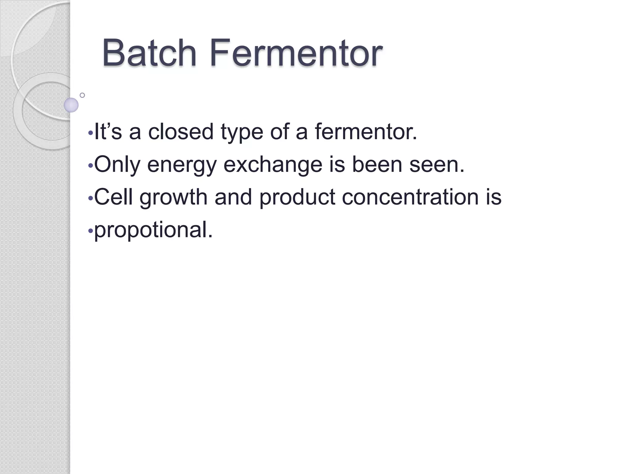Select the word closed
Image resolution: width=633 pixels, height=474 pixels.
(x=181, y=131)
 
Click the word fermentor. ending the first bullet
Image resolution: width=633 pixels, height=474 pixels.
(x=366, y=131)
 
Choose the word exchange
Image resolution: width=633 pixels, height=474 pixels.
(x=273, y=165)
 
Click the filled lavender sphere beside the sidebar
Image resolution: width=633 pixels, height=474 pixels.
(x=71, y=105)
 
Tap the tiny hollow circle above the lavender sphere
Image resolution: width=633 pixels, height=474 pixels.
(x=82, y=95)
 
